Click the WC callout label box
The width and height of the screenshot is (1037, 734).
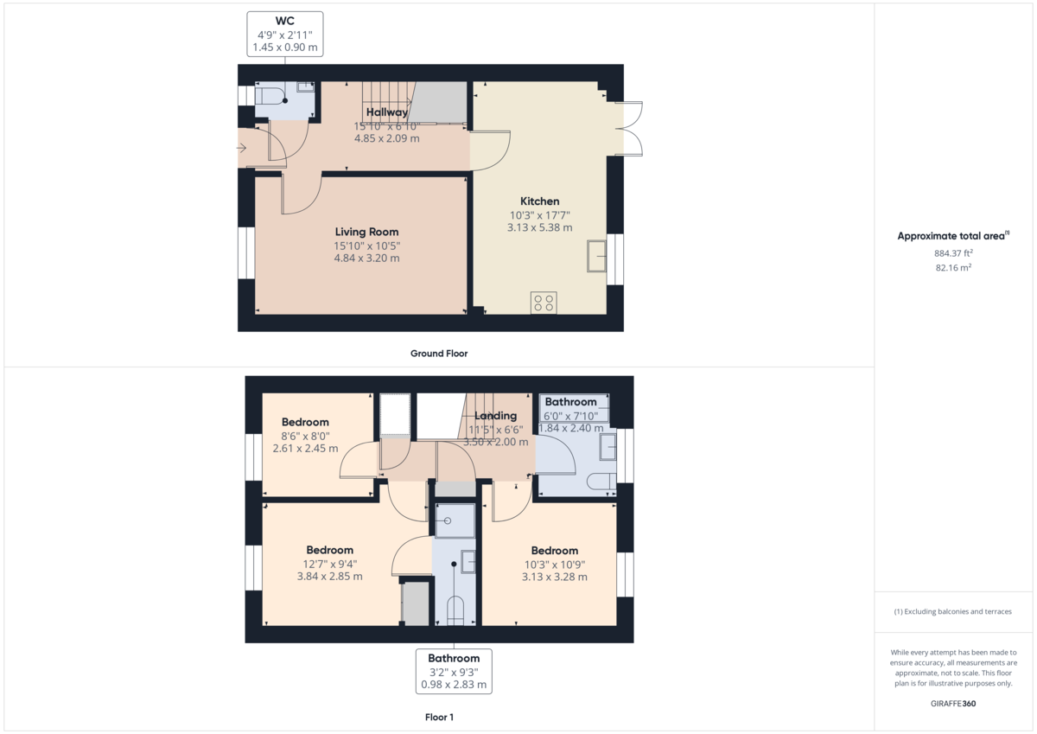(x=285, y=34)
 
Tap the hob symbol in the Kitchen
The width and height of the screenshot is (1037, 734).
(x=544, y=303)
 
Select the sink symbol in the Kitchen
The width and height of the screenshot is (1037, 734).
(x=597, y=257)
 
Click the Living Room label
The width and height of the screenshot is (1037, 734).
(x=367, y=232)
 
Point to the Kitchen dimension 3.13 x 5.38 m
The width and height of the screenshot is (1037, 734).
(x=539, y=227)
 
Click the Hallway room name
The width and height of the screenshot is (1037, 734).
(x=386, y=112)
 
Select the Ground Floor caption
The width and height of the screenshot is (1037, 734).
(x=439, y=354)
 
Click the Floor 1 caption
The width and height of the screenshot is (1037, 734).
(x=439, y=718)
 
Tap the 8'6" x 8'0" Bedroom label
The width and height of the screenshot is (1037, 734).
(x=305, y=423)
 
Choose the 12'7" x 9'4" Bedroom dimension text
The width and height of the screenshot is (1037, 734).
(x=329, y=564)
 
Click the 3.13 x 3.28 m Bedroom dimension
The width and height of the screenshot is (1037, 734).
(x=554, y=577)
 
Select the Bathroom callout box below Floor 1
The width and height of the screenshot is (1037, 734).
(x=454, y=671)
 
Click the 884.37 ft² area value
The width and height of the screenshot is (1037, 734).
(x=953, y=253)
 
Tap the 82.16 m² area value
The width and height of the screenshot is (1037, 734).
(x=953, y=268)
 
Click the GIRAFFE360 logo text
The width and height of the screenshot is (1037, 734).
(x=953, y=704)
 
